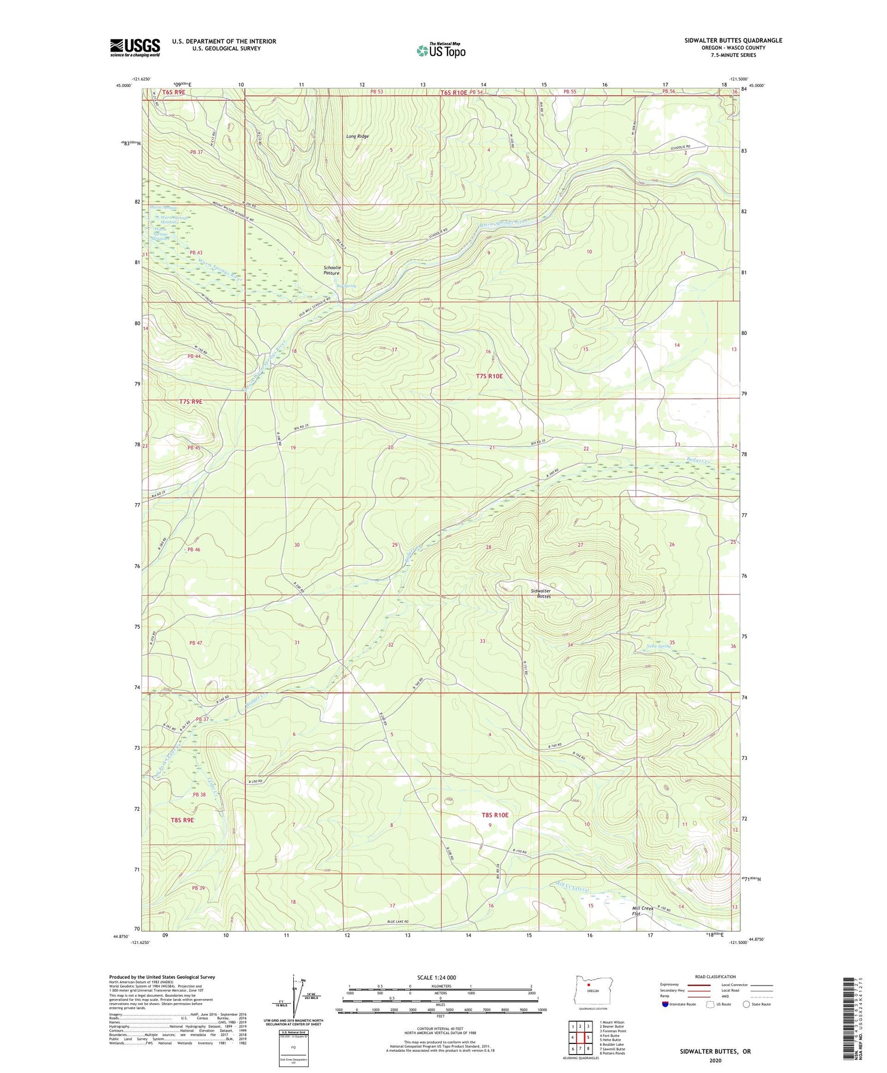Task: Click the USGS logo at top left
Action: pos(135,47)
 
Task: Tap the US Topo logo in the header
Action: pos(441,51)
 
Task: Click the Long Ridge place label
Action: pos(357,137)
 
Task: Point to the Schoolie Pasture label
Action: pos(332,270)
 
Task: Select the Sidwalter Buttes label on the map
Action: pos(540,594)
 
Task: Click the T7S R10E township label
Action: pos(489,376)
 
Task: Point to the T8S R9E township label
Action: pos(182,820)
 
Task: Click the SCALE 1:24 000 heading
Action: pos(436,978)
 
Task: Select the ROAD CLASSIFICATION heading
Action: pos(716,977)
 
